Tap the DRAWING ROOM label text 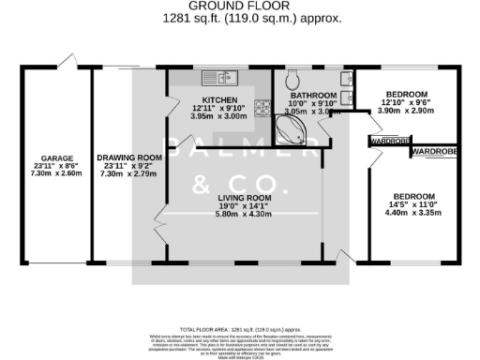pos(124,158)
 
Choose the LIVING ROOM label pos(244,199)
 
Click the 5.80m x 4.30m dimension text pos(244,214)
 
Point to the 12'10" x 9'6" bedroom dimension pos(407,103)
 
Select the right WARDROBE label pos(433,151)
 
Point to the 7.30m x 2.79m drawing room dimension pos(124,174)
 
